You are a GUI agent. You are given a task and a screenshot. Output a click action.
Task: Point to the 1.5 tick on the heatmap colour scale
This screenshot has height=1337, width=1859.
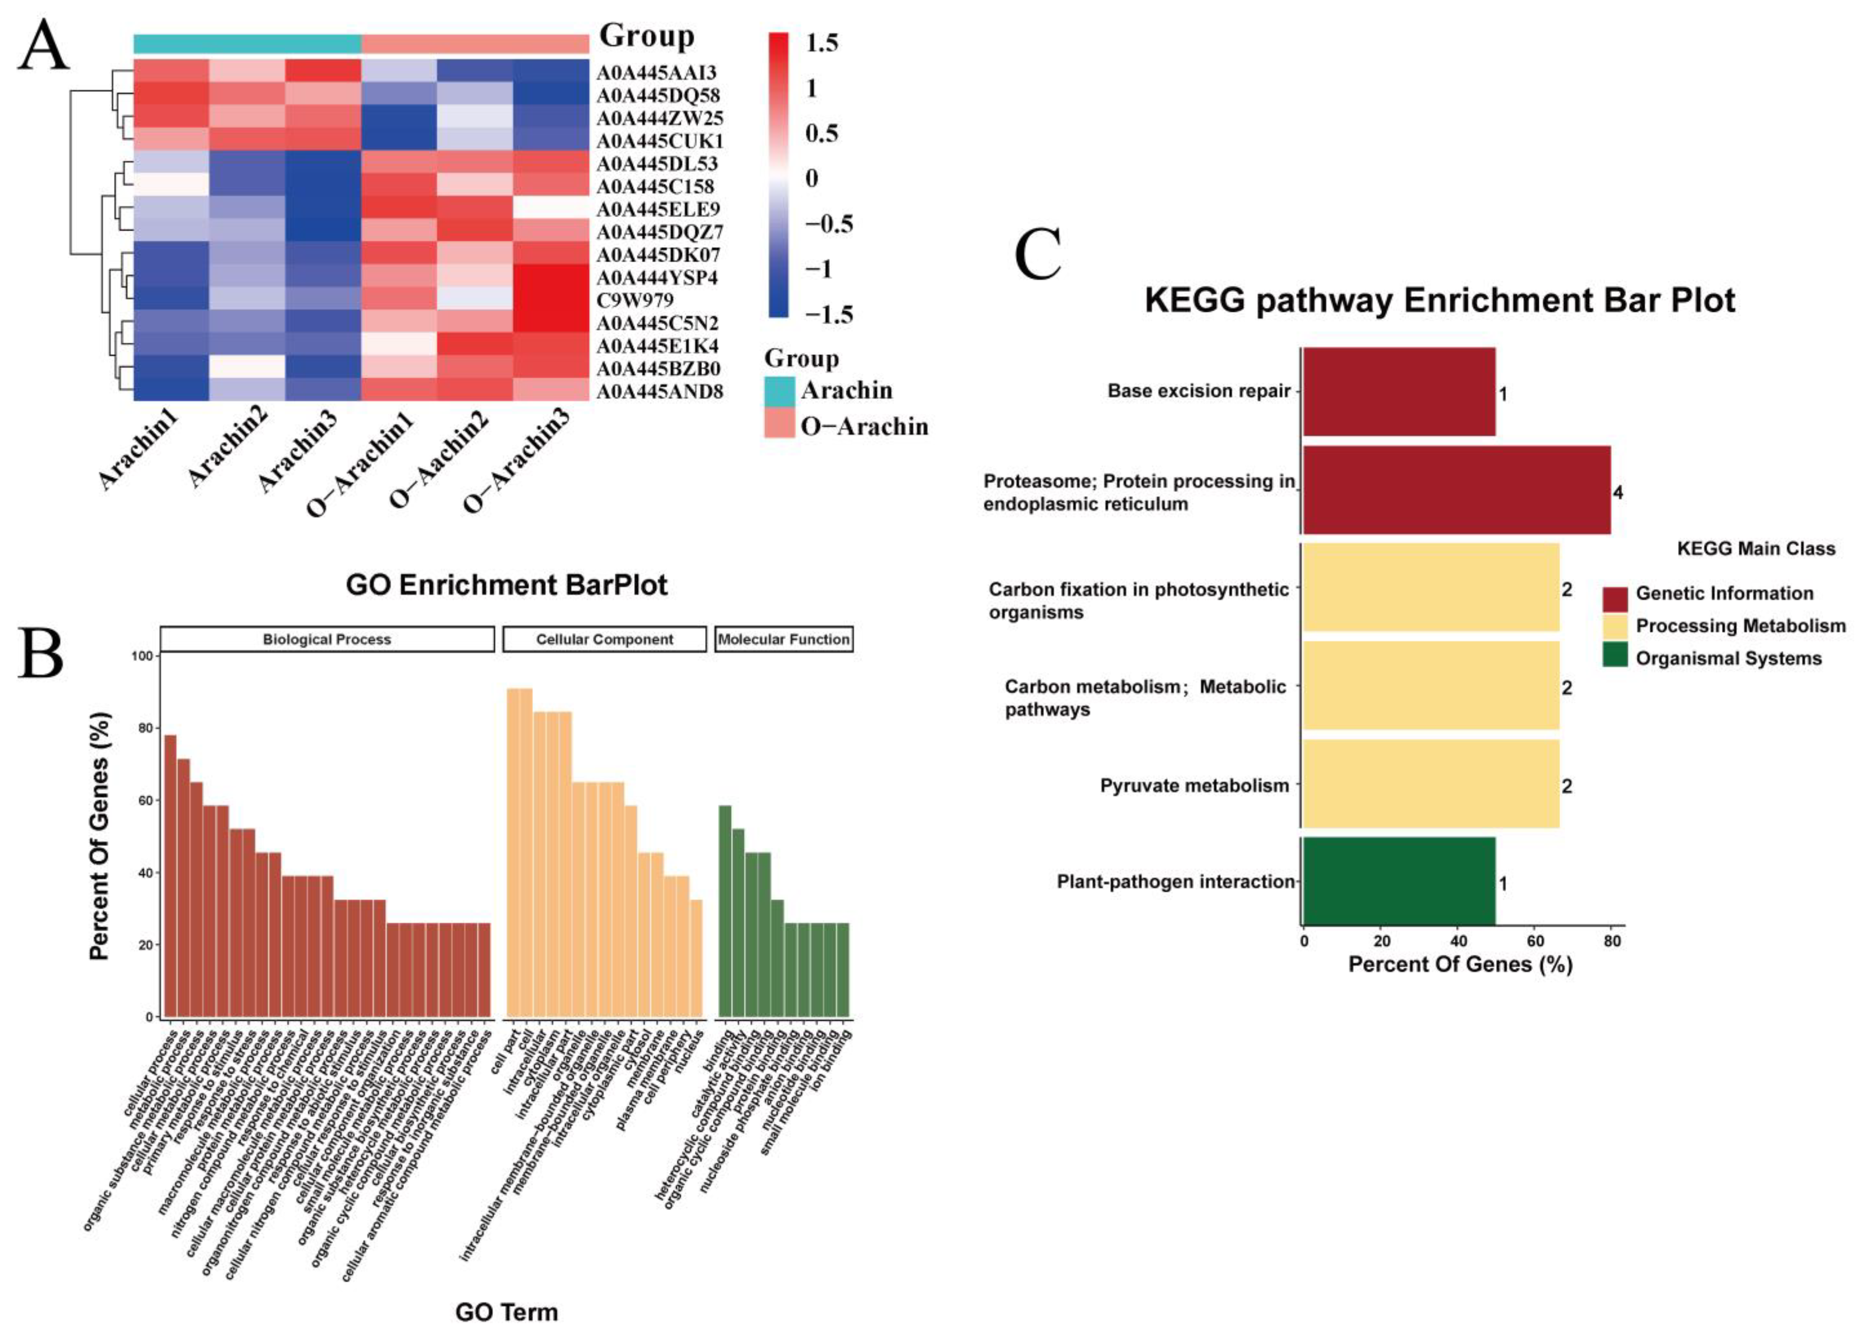pos(821,43)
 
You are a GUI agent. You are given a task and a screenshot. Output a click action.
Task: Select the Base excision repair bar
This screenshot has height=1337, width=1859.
pos(1399,392)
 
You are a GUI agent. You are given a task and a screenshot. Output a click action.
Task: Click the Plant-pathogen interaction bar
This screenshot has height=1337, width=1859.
pos(1399,881)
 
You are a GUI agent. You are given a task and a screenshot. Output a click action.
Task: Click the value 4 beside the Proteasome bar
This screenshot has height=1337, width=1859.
pos(1617,493)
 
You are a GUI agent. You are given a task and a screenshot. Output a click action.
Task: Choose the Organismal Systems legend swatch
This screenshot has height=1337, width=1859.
pos(1615,658)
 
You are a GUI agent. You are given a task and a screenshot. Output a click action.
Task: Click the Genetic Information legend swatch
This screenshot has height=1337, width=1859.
pos(1615,594)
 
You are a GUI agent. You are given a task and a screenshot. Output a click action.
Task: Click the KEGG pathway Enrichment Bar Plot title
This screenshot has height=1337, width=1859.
pos(1439,300)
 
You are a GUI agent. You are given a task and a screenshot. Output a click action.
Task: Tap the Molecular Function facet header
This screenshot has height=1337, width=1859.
pos(784,639)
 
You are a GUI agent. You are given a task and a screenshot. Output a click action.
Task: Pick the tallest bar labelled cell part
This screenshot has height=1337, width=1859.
pos(513,852)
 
